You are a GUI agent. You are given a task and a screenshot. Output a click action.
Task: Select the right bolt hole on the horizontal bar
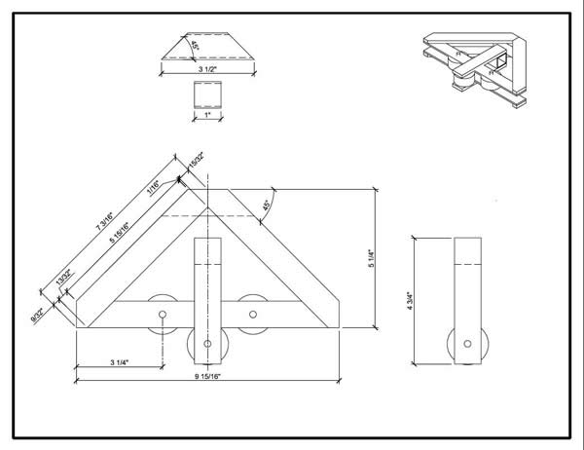254,315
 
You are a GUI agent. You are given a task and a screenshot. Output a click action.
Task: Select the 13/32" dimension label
66,282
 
